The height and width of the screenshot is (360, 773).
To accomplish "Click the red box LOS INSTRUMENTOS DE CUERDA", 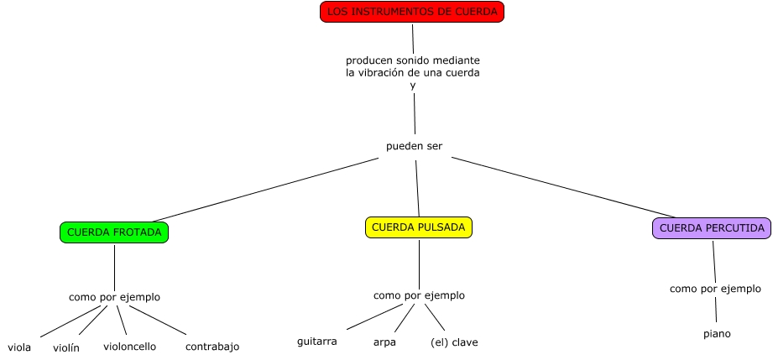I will click(412, 12).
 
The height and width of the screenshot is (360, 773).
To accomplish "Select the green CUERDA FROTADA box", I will click(114, 232).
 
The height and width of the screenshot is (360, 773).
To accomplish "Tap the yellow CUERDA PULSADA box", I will click(419, 227).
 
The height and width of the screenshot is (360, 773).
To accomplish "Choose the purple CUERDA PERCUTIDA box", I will click(712, 228).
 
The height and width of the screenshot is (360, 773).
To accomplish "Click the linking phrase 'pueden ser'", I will click(414, 147).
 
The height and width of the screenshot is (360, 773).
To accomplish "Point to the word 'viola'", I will click(19, 347).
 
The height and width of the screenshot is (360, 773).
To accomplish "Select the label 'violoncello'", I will click(129, 347).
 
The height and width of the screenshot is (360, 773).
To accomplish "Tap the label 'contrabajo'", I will click(212, 347).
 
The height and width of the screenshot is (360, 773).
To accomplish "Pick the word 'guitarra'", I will click(317, 342).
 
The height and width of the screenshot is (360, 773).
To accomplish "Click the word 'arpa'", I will click(384, 342).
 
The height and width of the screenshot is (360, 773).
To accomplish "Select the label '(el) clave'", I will click(454, 342).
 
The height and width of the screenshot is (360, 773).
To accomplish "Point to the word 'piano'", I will click(717, 334).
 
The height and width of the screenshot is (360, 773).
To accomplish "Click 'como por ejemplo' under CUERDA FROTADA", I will click(114, 297).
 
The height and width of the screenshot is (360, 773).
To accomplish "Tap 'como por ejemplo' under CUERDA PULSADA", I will click(419, 295).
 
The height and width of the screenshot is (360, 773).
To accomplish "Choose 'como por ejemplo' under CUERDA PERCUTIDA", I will click(715, 289).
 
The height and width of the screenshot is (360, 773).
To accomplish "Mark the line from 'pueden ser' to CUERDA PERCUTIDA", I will click(562, 187).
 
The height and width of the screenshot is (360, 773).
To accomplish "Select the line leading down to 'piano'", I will click(716, 310).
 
